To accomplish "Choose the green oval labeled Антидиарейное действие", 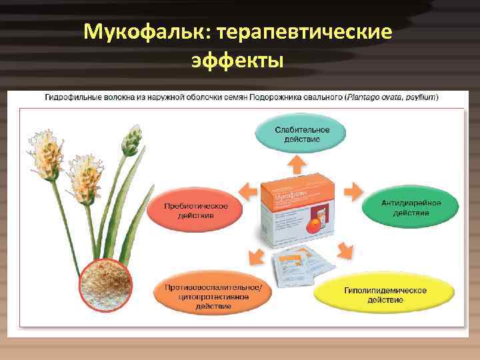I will tap(410, 207).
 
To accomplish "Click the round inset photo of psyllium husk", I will tap(106, 287).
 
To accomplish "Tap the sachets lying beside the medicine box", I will tap(300, 269).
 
